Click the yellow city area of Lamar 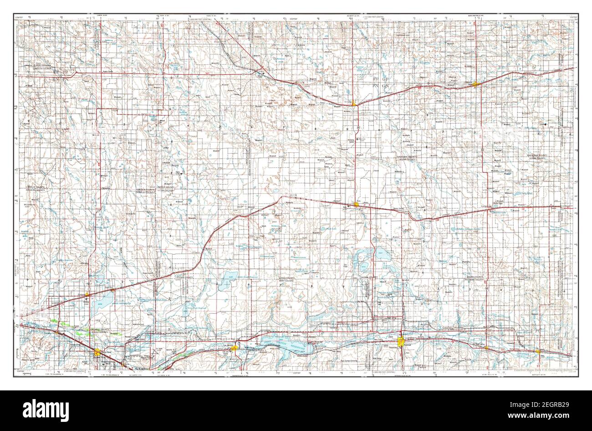(401, 342)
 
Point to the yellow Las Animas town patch (234, 348)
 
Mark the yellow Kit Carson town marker (354, 104)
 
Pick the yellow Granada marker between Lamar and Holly (486, 348)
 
